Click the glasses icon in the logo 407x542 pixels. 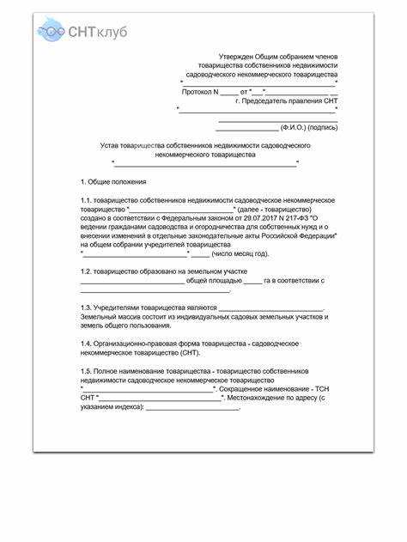tap(50, 32)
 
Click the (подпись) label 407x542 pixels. tap(322, 127)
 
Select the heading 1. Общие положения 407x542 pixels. tap(112, 182)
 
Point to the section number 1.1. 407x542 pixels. tap(86, 199)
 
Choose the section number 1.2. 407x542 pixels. tap(86, 271)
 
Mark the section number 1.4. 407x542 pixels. tap(86, 344)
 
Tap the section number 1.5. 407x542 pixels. tap(86, 370)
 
